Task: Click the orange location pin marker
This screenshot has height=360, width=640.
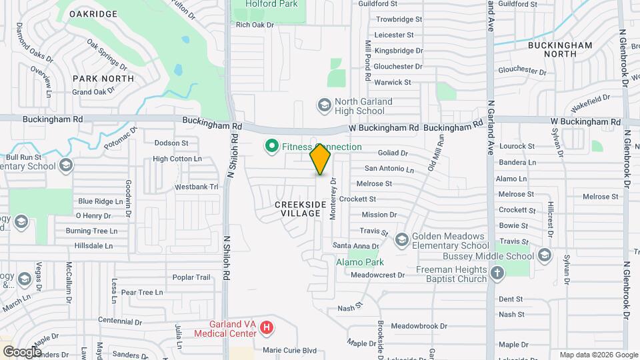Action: pos(321,159)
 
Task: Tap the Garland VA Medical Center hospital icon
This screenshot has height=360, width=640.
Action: pos(267,327)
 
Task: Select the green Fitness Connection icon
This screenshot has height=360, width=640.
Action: pos(271,145)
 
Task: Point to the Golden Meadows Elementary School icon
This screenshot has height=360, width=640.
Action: pos(402,239)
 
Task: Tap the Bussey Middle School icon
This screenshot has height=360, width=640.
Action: pos(544,255)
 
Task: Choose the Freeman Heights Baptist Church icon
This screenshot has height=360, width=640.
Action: pos(497,273)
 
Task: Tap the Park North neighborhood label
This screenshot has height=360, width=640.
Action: pos(103,78)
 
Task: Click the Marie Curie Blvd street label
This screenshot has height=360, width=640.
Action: pos(289,350)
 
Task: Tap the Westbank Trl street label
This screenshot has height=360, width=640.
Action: pos(197,187)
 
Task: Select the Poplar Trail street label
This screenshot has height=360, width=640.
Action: pos(191,277)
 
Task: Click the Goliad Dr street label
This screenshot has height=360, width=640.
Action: pos(393,153)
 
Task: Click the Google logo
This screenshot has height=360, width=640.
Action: pos(22,351)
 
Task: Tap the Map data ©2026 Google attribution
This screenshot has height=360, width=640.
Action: pos(598,355)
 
